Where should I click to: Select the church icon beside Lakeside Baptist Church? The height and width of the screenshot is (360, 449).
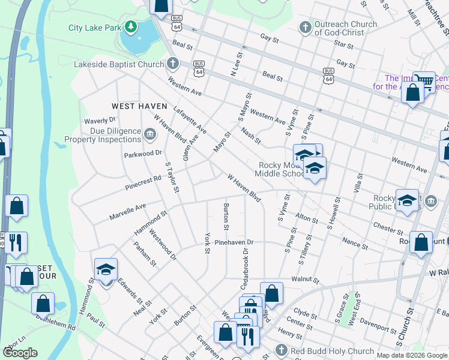(x=173, y=64)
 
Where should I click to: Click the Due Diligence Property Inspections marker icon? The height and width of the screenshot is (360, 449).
(x=150, y=133)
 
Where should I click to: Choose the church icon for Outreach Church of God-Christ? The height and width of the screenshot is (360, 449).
(x=305, y=28)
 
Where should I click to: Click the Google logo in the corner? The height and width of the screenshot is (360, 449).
(x=20, y=352)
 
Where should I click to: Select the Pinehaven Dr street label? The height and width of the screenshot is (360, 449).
(x=234, y=242)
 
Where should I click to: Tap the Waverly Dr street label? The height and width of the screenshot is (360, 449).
(x=100, y=121)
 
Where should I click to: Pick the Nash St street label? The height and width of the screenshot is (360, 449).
(x=251, y=136)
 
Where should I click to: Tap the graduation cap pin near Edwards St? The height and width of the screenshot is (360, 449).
(x=106, y=271)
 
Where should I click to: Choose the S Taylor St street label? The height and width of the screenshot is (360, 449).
(x=172, y=179)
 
